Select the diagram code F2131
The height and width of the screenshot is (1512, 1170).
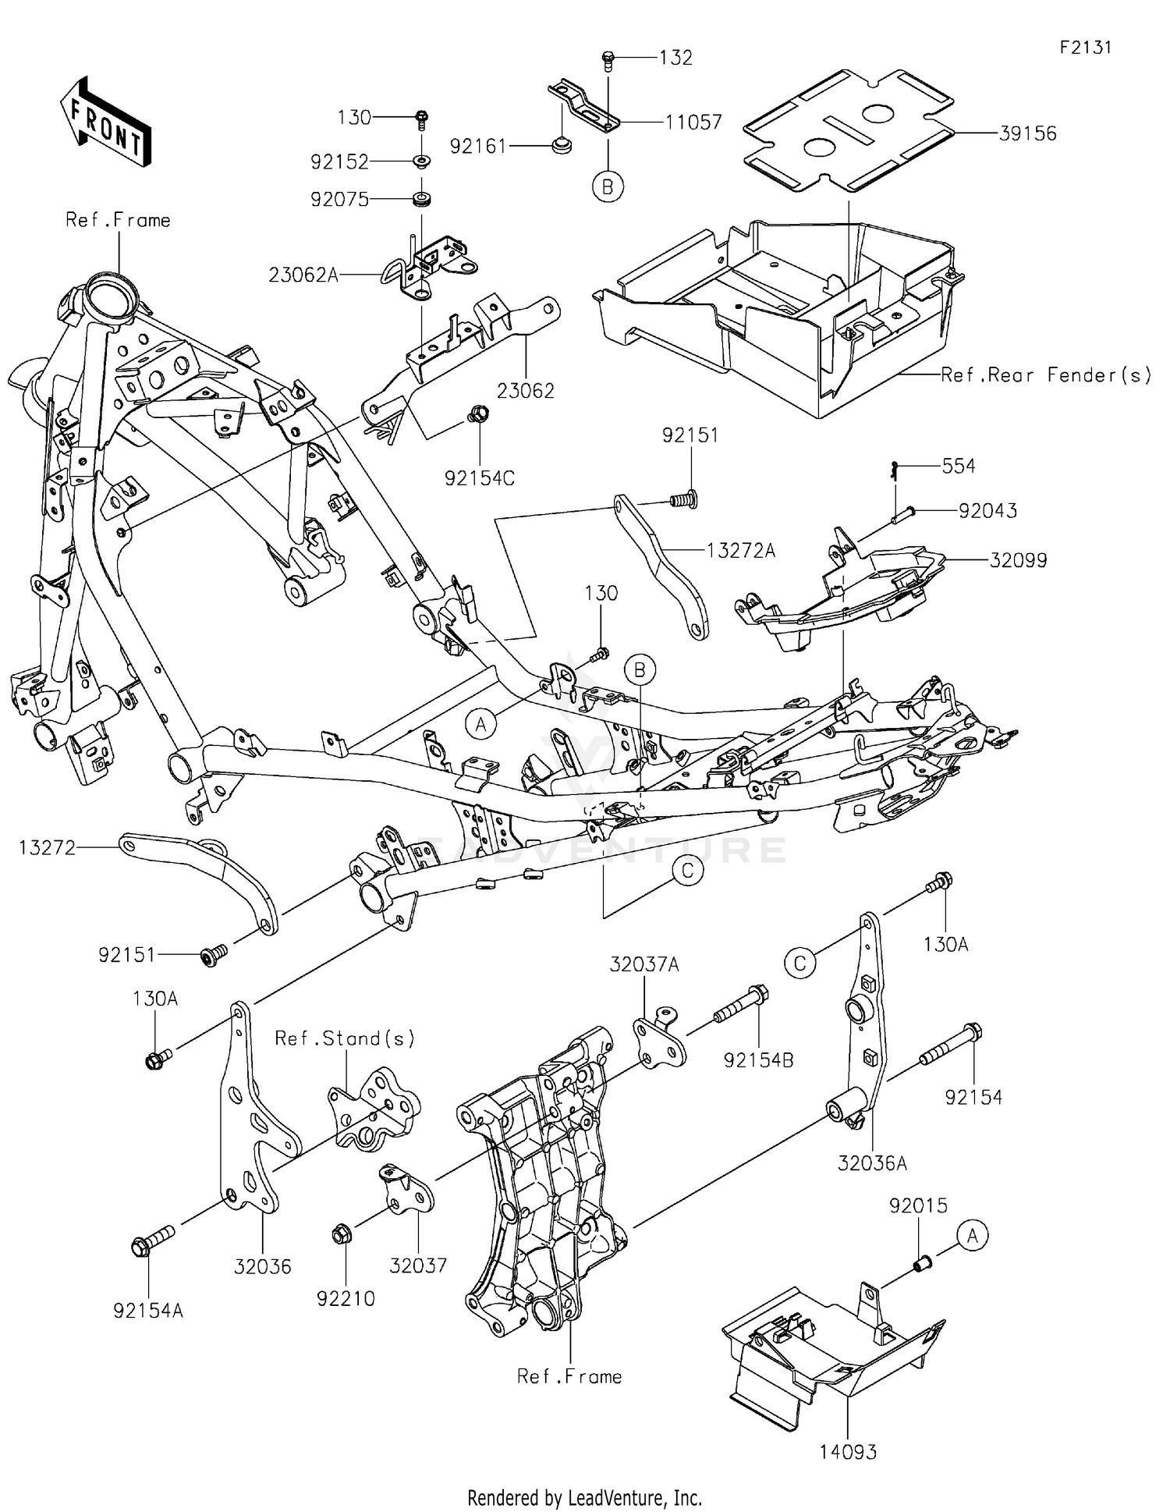click(x=1085, y=48)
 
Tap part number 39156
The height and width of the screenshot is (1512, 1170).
click(x=1027, y=133)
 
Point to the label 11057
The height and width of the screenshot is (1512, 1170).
click(x=693, y=122)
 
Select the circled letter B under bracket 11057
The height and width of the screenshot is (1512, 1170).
click(x=608, y=187)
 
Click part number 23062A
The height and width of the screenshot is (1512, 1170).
click(x=303, y=275)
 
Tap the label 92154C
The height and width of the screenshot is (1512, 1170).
click(x=480, y=478)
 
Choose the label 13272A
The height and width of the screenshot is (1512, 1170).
click(x=740, y=551)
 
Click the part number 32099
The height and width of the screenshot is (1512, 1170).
click(x=1018, y=560)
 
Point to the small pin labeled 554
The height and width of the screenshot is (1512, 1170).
click(x=894, y=469)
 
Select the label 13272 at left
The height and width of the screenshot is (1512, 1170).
click(x=48, y=847)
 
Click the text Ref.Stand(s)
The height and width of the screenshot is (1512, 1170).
click(x=345, y=1038)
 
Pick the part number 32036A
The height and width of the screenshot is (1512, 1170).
click(x=872, y=1164)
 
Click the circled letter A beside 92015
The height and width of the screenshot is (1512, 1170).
click(x=972, y=1236)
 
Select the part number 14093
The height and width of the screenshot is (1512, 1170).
click(x=848, y=1452)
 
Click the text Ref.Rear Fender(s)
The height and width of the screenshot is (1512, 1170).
click(x=1045, y=375)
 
